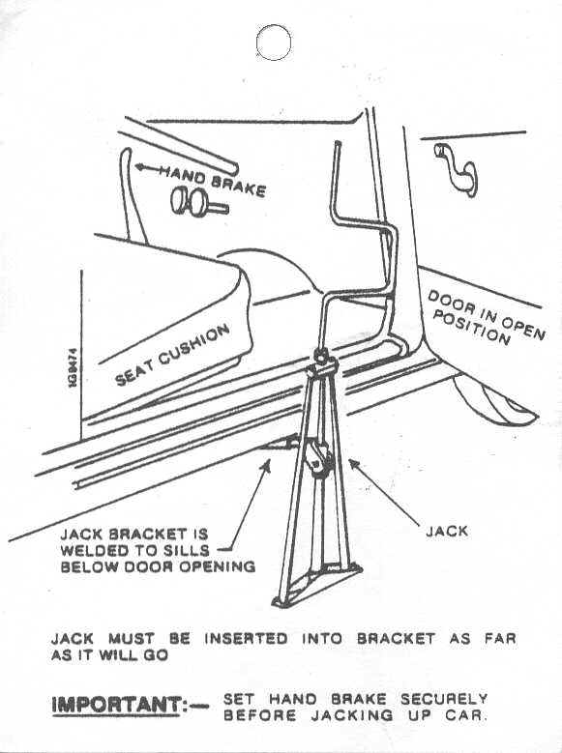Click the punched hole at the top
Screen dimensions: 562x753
click(274, 43)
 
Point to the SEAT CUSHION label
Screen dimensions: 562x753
click(172, 355)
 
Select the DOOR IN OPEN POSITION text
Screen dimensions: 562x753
click(486, 316)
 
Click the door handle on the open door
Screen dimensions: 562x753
click(457, 169)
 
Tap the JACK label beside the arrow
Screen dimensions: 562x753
click(446, 531)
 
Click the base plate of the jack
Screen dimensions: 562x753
click(317, 585)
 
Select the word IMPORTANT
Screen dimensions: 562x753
click(116, 705)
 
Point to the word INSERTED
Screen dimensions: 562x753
click(246, 639)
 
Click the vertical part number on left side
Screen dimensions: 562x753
click(74, 368)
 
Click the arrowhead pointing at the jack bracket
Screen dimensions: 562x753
click(267, 464)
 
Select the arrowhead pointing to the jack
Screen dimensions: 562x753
click(354, 464)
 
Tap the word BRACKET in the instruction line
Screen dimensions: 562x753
click(397, 639)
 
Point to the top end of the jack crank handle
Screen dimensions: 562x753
click(338, 144)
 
